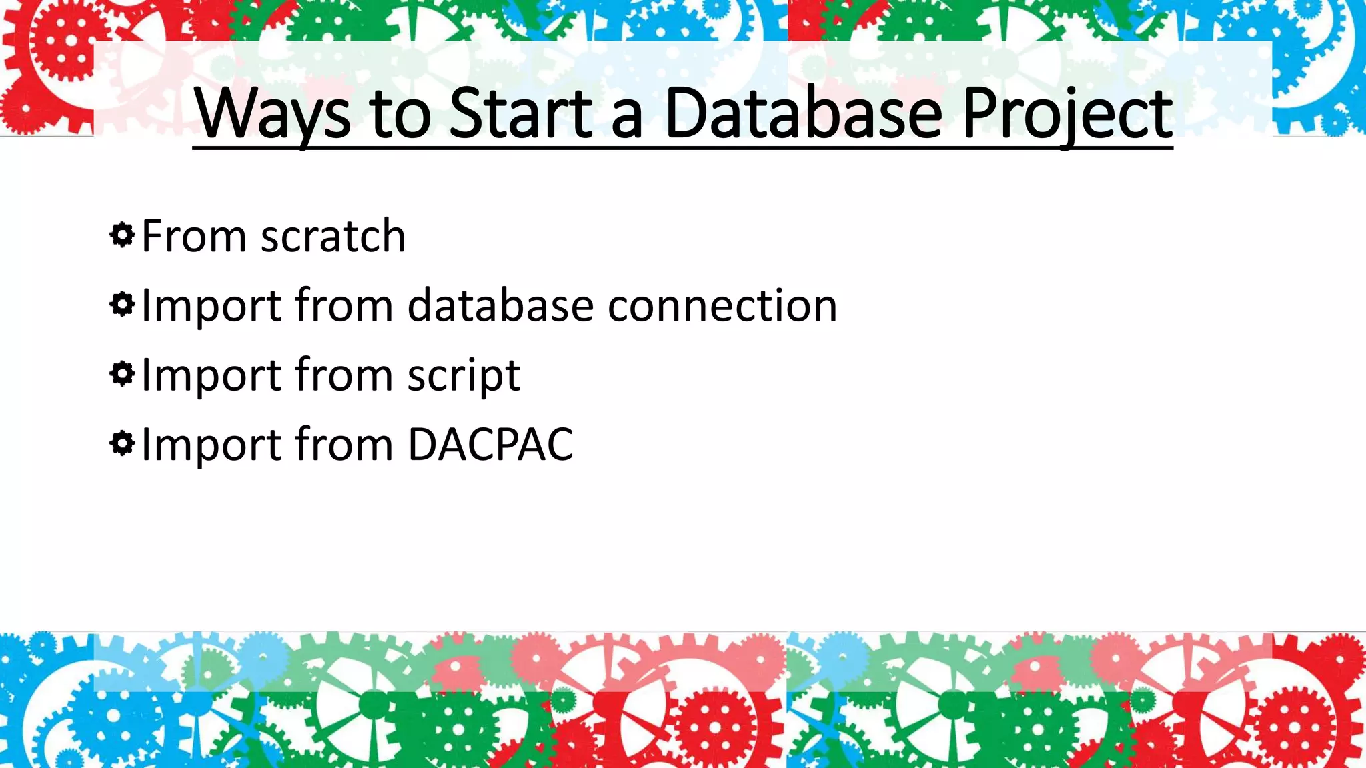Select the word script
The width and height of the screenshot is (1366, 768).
point(464,375)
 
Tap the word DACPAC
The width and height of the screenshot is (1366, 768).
point(490,444)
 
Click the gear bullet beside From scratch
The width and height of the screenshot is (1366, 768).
point(122,235)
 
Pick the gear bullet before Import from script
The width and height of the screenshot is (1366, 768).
point(122,374)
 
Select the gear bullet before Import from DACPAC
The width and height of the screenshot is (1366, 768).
point(122,443)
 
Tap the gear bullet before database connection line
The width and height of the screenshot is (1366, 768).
point(122,305)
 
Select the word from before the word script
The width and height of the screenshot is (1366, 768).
point(344,375)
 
